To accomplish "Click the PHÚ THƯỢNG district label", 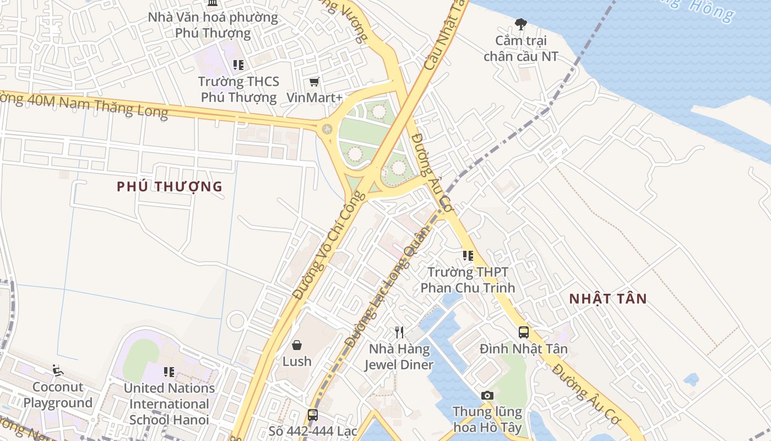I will tap(170, 186).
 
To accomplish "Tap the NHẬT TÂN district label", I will tap(608, 299).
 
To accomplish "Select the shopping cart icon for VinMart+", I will tap(314, 82).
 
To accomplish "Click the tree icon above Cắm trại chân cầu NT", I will tap(520, 24).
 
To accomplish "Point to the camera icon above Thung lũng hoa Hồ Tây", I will tap(487, 395).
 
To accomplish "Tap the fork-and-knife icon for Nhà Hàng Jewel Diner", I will tap(399, 332).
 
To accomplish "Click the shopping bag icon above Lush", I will tap(297, 345).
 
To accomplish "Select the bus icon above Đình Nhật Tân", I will tap(523, 332).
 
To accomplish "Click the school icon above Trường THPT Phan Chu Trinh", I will tap(468, 256).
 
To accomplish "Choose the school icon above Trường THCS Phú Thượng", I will tap(238, 65).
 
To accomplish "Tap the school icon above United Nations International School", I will tap(169, 372).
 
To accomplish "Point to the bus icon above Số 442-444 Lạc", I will tap(313, 415).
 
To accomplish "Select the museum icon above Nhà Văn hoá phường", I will tap(213, 3).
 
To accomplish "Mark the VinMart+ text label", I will tap(314, 98).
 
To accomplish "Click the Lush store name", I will tap(297, 362).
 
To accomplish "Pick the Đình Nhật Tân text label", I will tap(523, 349).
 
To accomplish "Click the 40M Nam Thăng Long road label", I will tap(88, 105).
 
